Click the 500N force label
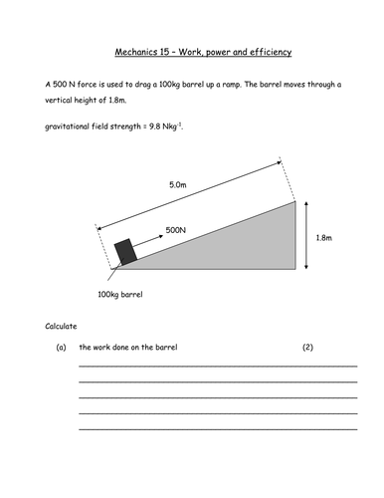pyautogui.click(x=176, y=229)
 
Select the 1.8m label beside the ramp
pyautogui.click(x=323, y=238)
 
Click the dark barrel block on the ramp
pyautogui.click(x=125, y=253)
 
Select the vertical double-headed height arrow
pyautogui.click(x=308, y=237)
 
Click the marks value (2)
pyautogui.click(x=307, y=348)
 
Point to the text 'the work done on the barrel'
pyautogui.click(x=128, y=348)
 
